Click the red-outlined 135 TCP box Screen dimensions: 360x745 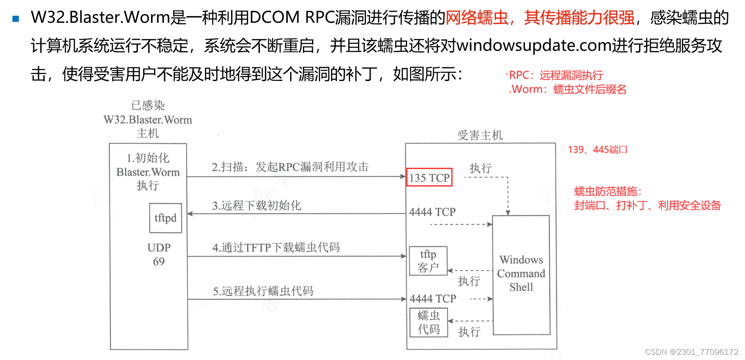[429, 177]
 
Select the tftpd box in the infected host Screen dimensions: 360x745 [165, 218]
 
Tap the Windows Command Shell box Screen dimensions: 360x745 [521, 274]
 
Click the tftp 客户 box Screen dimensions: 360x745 [428, 261]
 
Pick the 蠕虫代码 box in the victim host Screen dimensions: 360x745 [429, 322]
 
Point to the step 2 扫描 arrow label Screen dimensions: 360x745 [290, 167]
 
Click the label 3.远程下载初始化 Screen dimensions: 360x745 [257, 205]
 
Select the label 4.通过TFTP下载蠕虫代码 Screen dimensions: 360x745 [276, 247]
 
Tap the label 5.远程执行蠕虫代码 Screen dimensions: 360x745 [263, 291]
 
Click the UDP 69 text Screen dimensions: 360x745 [159, 254]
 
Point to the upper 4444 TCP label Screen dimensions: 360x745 [432, 212]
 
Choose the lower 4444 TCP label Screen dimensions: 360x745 [432, 299]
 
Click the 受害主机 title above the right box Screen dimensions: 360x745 [480, 135]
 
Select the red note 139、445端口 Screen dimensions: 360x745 [597, 150]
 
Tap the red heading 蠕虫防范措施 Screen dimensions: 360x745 [608, 191]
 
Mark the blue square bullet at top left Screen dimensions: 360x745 [16, 19]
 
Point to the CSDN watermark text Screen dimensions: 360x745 [692, 352]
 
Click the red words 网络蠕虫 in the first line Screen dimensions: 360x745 [477, 18]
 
